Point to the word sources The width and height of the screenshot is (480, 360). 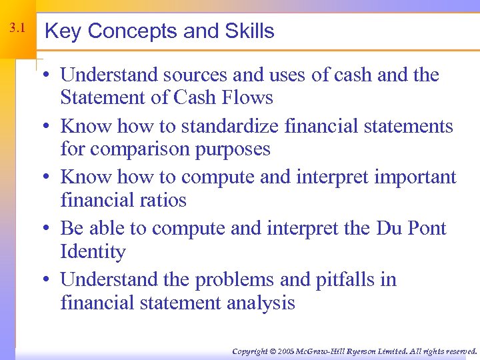[189, 75]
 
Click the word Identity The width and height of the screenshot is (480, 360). [93, 252]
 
